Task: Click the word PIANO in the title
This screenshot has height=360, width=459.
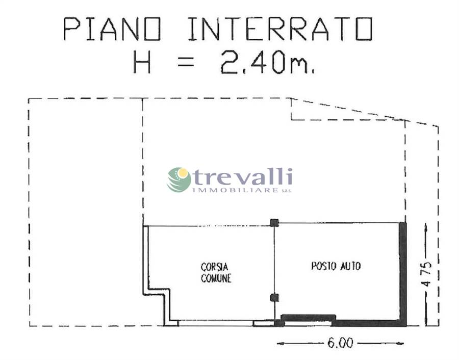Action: [112, 29]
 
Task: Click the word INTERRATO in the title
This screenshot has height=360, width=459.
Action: [280, 29]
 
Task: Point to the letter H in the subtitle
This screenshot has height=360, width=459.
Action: [142, 62]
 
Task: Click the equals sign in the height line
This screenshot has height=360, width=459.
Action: [186, 62]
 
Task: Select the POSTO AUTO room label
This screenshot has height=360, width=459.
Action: [336, 266]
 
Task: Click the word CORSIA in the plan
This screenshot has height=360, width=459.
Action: [214, 267]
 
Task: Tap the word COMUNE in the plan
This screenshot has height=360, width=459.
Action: [216, 278]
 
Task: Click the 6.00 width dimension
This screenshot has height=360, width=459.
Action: [340, 343]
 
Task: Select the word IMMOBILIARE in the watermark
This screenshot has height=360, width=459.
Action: [235, 190]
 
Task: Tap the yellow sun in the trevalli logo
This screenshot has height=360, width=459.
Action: [182, 173]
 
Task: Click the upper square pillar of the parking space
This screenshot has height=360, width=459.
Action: [274, 223]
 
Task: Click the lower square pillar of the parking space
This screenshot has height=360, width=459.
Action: [274, 298]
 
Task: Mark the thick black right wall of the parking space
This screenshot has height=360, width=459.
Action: [403, 274]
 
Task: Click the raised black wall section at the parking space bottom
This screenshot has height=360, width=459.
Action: [308, 317]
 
